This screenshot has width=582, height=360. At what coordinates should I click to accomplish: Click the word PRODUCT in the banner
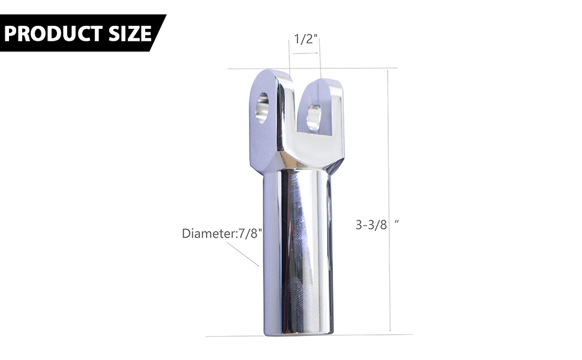[x=53, y=34]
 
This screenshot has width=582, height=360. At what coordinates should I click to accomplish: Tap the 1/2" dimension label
[x=306, y=39]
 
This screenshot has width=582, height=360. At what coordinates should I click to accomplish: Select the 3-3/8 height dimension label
[x=371, y=224]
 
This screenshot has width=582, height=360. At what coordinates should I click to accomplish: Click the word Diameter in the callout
[x=209, y=233]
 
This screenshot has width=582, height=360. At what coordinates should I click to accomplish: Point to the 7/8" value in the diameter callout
[x=250, y=233]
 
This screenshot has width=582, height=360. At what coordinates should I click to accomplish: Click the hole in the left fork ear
[x=262, y=107]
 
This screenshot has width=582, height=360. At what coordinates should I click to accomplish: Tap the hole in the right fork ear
[x=314, y=117]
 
